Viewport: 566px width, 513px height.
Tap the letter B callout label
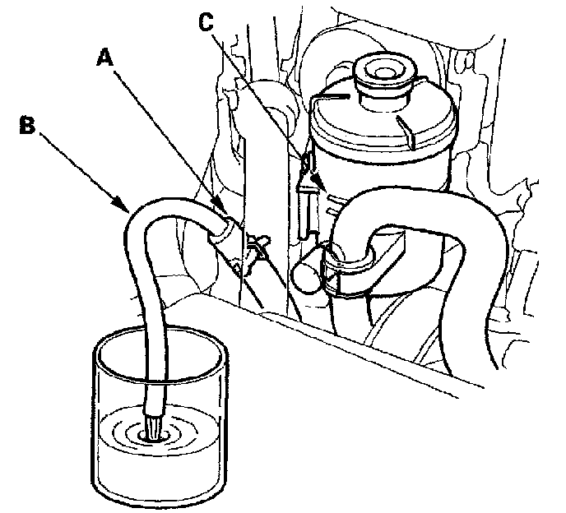pyautogui.click(x=26, y=126)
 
